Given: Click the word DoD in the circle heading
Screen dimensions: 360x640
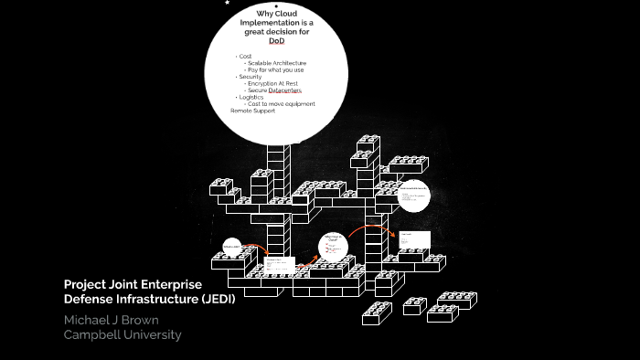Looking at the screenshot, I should tap(276, 41).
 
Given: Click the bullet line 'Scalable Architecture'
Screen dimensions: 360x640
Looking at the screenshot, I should tap(276, 63).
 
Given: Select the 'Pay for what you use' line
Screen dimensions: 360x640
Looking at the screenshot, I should tap(275, 69).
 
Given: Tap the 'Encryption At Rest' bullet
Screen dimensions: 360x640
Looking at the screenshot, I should tap(272, 83).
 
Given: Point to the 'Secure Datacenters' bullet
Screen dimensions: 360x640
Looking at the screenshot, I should tap(273, 90).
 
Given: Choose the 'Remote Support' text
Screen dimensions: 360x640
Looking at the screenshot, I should tap(252, 111).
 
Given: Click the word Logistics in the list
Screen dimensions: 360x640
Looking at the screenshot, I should tap(252, 97).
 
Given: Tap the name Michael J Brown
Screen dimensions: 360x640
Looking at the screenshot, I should tap(110, 320).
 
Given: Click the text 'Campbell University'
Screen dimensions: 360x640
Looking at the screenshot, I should tap(123, 334).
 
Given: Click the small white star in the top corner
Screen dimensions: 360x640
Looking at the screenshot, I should tap(227, 3).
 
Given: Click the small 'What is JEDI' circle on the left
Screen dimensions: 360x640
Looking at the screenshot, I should tap(231, 247).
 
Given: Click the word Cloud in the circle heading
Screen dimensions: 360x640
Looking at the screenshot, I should tap(290, 14).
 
